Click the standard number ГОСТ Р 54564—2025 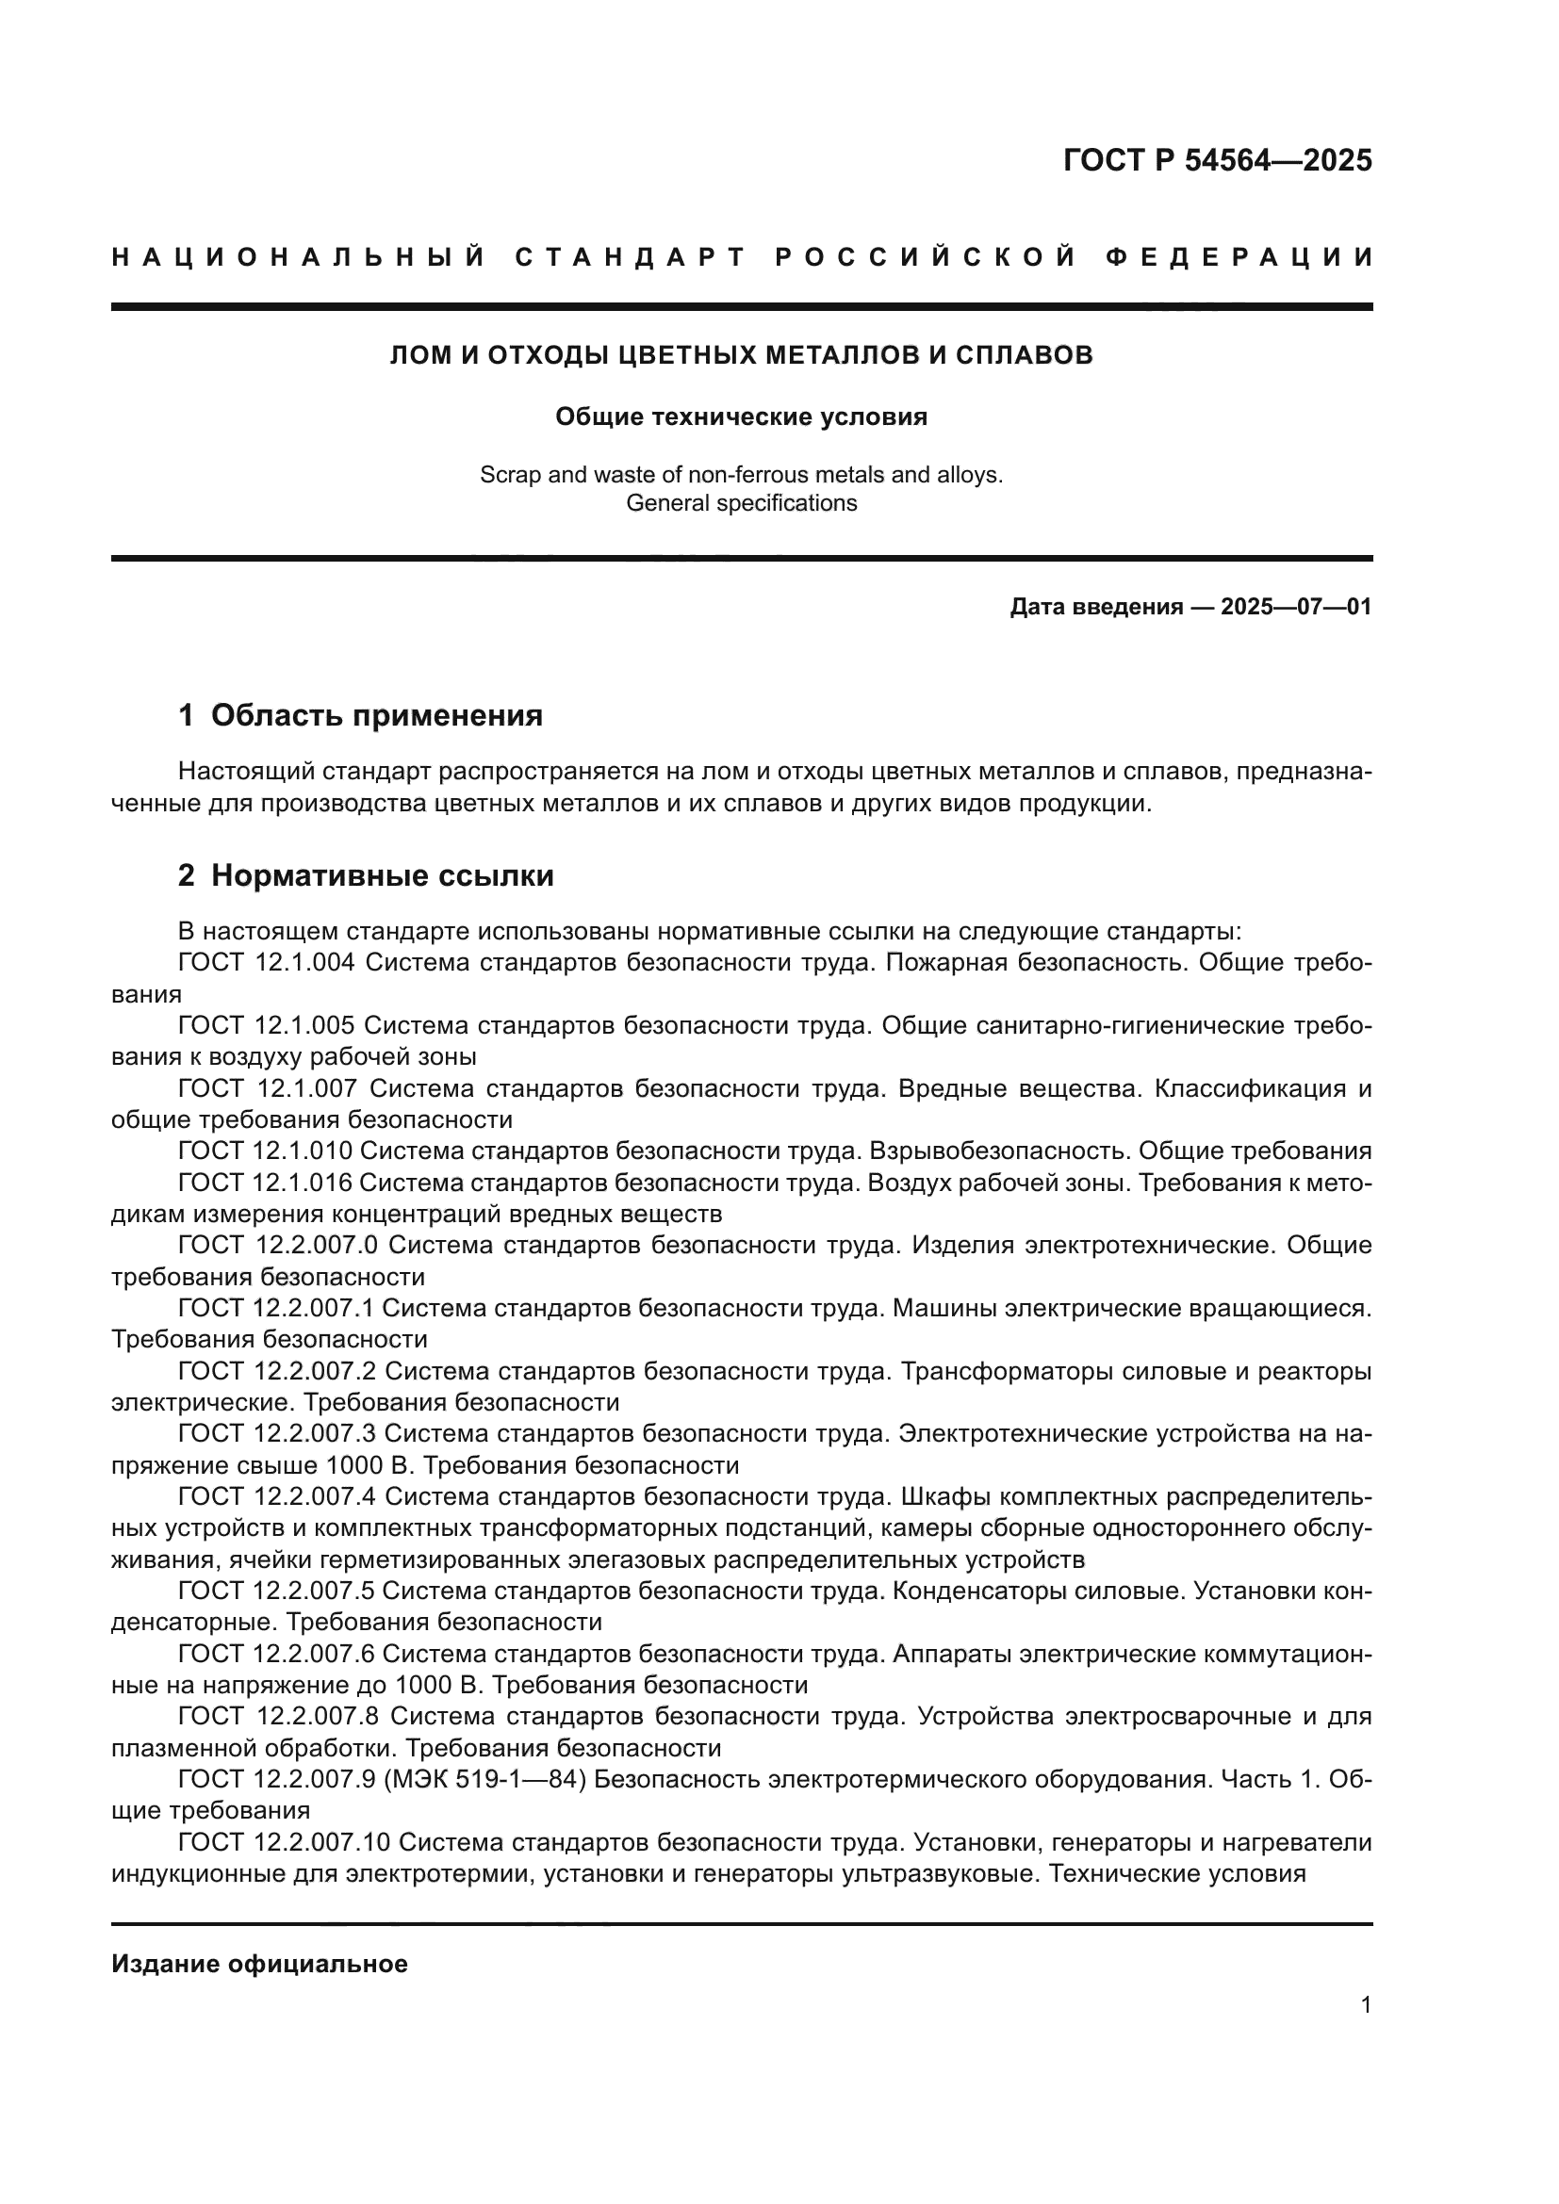1217,160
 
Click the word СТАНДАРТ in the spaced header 631,257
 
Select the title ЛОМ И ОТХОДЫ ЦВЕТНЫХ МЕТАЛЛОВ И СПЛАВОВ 741,355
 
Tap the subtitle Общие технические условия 741,416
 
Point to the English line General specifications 741,503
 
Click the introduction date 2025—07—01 1296,607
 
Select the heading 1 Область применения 361,715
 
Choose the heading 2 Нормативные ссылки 366,875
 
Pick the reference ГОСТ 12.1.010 265,1151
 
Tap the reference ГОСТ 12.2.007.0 277,1245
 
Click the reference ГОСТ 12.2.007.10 283,1842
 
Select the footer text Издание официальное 259,1964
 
